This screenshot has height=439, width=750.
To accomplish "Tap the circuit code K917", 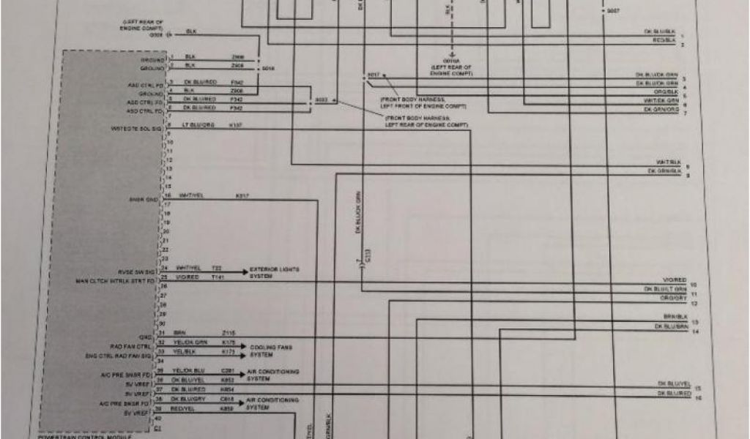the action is click(242, 196).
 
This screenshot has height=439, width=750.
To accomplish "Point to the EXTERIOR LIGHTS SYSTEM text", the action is click(275, 273).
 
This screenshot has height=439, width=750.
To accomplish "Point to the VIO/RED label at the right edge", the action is click(673, 280).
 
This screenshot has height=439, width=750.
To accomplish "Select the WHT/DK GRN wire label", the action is click(662, 101).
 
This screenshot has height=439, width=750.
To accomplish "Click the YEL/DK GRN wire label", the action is click(190, 342).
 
